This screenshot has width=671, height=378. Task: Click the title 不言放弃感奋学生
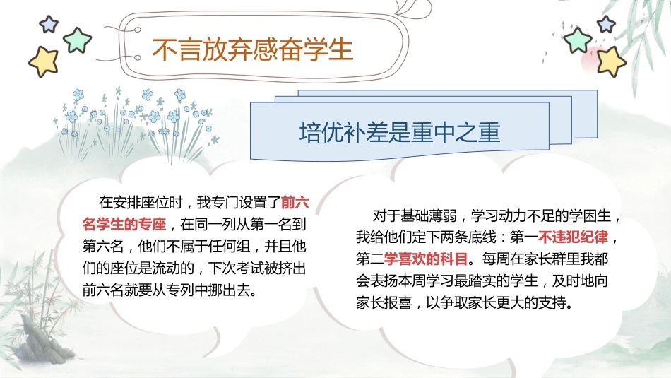tap(252, 50)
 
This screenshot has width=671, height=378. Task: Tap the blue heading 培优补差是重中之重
tap(400, 132)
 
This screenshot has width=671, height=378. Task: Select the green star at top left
tap(78, 40)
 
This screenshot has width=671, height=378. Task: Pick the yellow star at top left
tap(44, 61)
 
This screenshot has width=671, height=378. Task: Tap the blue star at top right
tap(607, 24)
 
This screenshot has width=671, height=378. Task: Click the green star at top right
tap(578, 40)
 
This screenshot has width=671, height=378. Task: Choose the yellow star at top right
tap(611, 61)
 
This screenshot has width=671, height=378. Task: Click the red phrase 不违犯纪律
tap(573, 237)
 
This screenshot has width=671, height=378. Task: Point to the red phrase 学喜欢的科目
tap(426, 259)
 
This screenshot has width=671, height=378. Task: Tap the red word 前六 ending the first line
tap(295, 201)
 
